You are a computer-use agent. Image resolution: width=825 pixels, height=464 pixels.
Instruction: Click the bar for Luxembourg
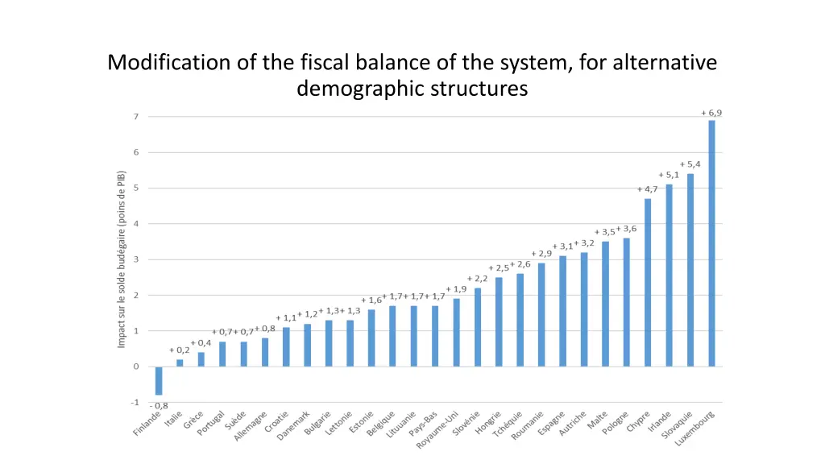711,242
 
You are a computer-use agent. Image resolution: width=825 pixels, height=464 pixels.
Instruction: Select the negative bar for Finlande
159,380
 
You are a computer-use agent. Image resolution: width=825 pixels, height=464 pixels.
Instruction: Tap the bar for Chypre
648,282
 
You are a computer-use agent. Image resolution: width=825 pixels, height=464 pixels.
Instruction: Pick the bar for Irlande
669,275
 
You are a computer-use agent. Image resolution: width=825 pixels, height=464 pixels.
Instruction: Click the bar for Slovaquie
690,270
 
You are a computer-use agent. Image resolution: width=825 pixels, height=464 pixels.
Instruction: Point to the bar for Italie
180,362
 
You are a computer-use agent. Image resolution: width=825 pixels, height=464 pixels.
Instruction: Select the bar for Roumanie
541,314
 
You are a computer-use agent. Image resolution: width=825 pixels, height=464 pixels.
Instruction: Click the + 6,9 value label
711,113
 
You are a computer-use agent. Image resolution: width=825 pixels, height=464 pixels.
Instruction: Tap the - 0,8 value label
159,405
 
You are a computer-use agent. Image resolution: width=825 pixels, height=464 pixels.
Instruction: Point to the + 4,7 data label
647,189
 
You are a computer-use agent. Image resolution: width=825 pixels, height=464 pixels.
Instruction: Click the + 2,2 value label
477,279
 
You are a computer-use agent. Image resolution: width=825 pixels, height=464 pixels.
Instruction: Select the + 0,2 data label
180,350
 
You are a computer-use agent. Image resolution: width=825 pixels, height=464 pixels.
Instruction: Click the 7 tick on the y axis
136,117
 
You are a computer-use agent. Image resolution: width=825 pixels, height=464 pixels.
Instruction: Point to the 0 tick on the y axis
136,367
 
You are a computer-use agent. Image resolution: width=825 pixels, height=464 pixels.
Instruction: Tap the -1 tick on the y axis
135,402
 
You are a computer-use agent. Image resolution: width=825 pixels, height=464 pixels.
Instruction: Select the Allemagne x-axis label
251,425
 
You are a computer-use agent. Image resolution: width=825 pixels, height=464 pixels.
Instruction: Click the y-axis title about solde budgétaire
122,259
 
